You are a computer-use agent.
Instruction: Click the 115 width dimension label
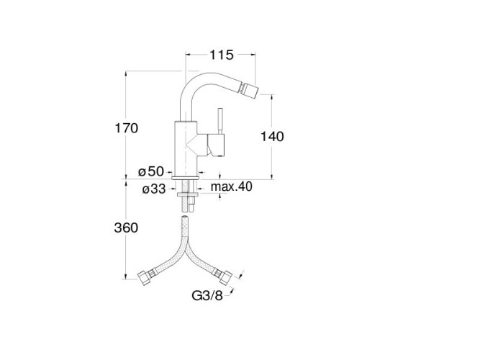point(222,55)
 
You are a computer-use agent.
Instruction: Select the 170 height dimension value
point(126,127)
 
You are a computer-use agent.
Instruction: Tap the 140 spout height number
point(272,136)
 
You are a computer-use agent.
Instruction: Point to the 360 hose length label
point(126,228)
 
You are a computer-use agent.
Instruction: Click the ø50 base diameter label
point(151,171)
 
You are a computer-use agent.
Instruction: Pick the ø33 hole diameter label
point(154,189)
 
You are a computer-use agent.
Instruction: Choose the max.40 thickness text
point(232,186)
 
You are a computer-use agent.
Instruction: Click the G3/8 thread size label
point(207,296)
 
